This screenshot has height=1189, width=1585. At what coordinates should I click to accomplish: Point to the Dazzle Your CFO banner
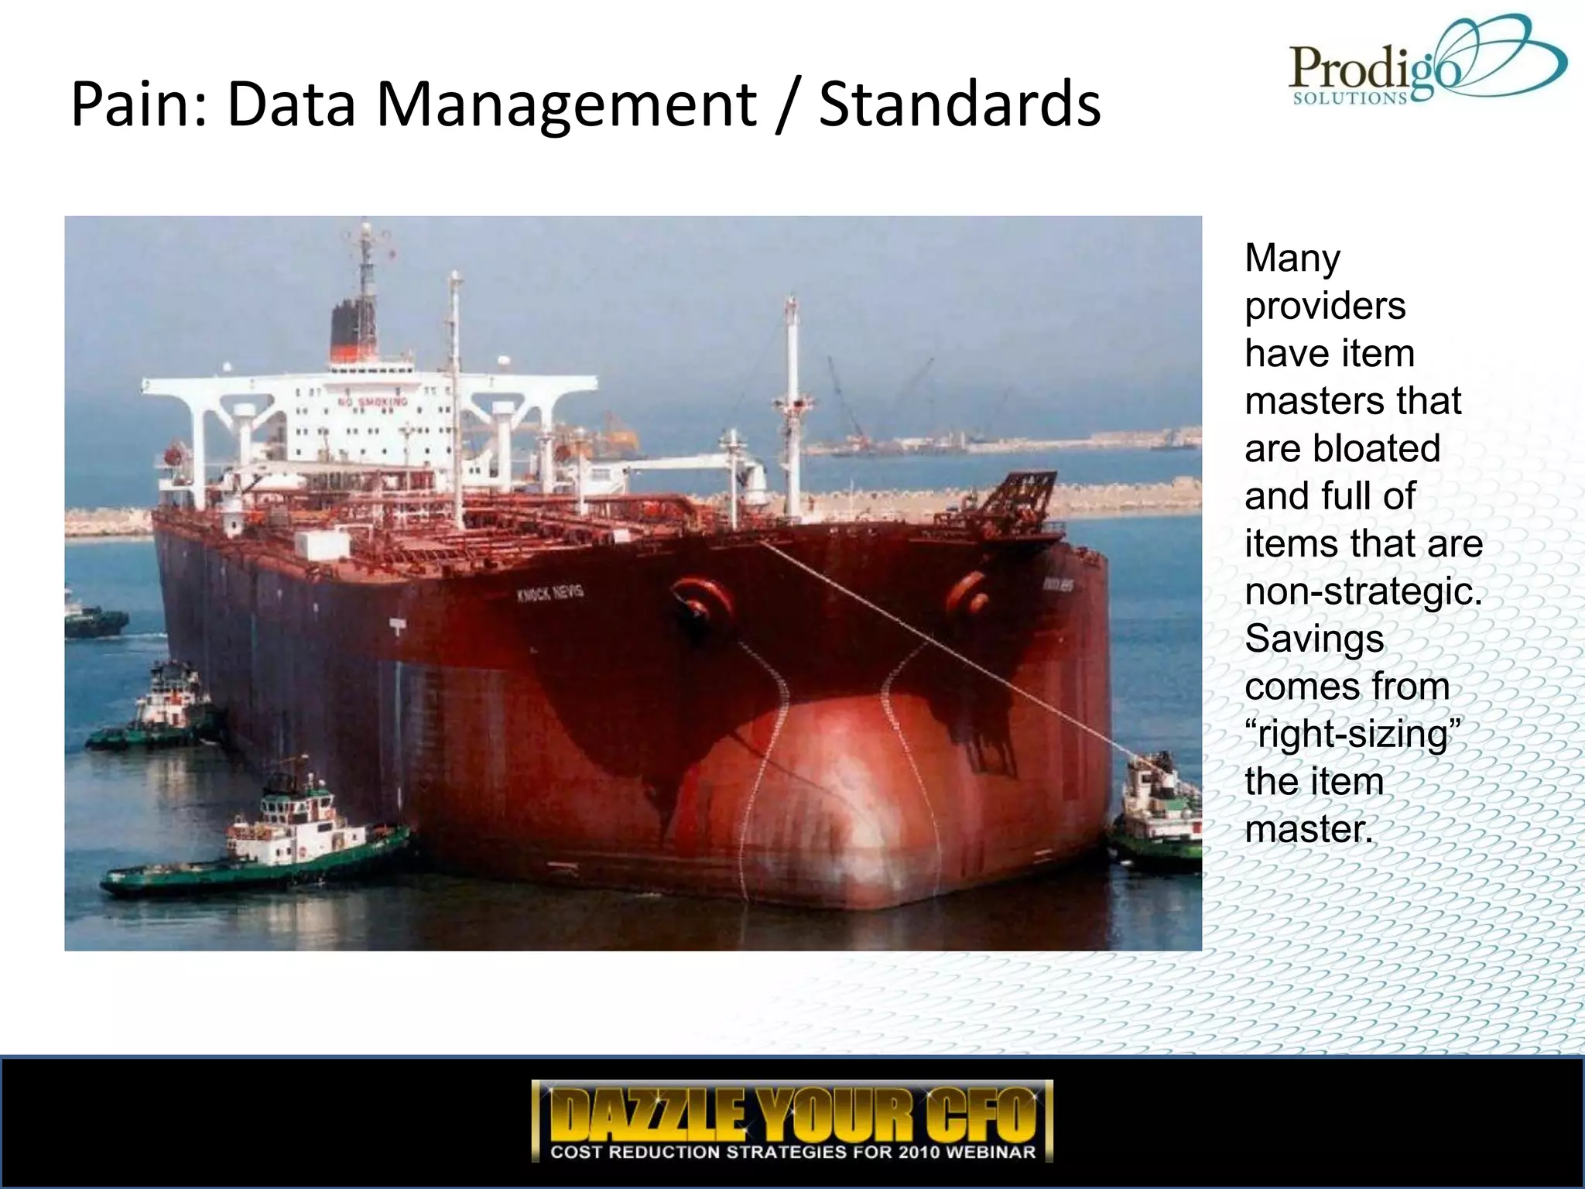pyautogui.click(x=792, y=1120)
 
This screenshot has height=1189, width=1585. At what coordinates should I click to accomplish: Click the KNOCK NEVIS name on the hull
pyautogui.click(x=550, y=594)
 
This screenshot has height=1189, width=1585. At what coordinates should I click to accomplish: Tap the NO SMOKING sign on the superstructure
pyautogui.click(x=373, y=402)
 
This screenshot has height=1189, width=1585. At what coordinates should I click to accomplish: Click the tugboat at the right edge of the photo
pyautogui.click(x=1157, y=813)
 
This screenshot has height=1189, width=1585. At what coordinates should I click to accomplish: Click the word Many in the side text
pyautogui.click(x=1292, y=259)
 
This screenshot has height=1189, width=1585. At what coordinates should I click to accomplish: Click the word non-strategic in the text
pyautogui.click(x=1364, y=592)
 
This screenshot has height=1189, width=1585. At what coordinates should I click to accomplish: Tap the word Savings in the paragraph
pyautogui.click(x=1314, y=639)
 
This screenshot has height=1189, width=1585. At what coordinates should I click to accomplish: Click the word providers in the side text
pyautogui.click(x=1325, y=307)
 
